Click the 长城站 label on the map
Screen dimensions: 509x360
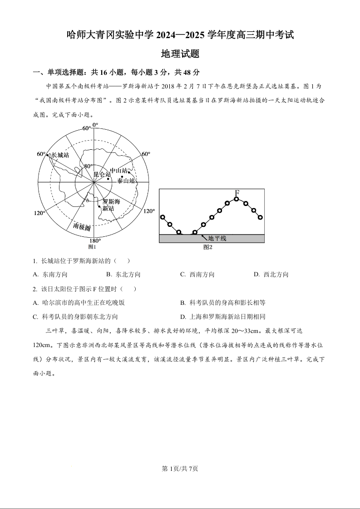point(60,155)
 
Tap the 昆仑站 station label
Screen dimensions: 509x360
point(102,174)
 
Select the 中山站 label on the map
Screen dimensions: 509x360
point(118,171)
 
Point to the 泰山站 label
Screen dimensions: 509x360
point(126,181)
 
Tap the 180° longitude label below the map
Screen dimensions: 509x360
point(94,240)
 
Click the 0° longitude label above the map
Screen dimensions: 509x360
point(94,125)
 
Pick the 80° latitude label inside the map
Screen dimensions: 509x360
point(88,166)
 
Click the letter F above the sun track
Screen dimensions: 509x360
point(237,194)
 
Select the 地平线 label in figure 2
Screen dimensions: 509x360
point(217,238)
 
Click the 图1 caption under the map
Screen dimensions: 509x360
point(92,247)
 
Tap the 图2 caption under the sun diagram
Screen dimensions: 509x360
point(208,247)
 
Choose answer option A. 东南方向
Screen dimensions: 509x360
point(50,274)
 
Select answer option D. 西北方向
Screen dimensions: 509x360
point(271,274)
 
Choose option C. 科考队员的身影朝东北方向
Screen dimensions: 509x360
point(75,317)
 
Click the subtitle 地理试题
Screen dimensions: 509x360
point(180,54)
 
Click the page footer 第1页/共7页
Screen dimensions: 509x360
point(180,469)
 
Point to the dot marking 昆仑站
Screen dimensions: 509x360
point(108,179)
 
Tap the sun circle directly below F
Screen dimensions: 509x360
point(237,200)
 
